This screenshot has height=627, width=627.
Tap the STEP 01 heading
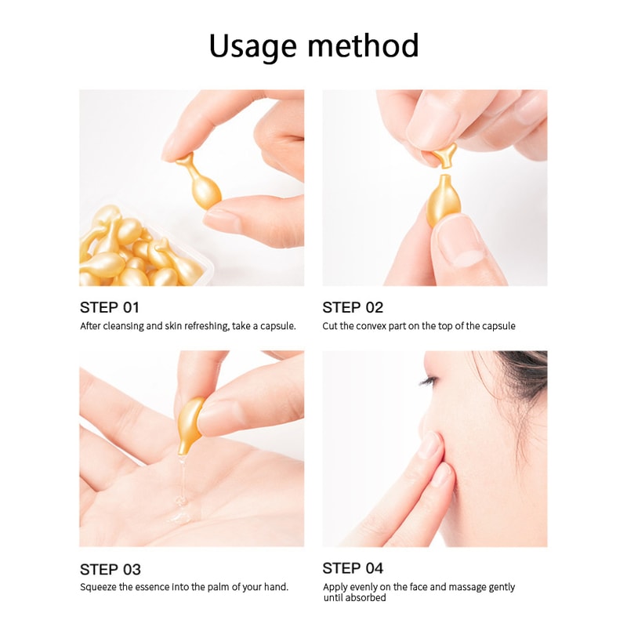(x=110, y=307)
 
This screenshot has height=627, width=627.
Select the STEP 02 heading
(x=353, y=307)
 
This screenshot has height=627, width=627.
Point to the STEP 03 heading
(x=110, y=569)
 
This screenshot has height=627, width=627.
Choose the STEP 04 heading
(x=353, y=568)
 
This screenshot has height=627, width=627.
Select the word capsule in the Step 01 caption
(x=276, y=326)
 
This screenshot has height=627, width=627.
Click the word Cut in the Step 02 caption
(x=331, y=326)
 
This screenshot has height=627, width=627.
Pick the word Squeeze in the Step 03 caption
(x=99, y=587)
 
